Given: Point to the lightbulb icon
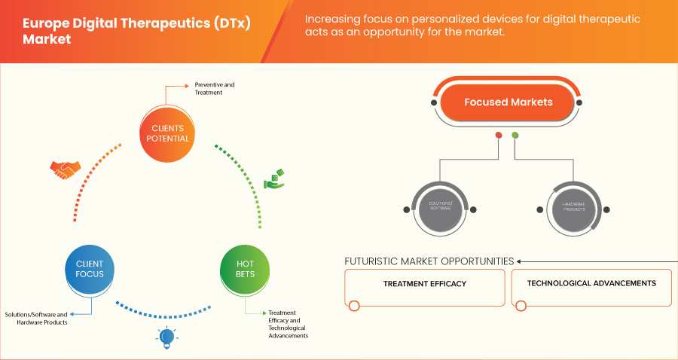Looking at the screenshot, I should [x=166, y=338].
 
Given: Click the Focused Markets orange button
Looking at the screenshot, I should [x=508, y=102].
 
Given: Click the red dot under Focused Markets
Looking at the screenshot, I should [x=498, y=136].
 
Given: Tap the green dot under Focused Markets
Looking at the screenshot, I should [x=515, y=136].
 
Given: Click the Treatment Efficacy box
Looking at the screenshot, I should [x=425, y=284].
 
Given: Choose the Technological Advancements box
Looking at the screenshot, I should [x=591, y=284].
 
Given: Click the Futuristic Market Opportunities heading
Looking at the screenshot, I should [x=429, y=261].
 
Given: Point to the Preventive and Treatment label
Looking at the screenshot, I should [x=215, y=88].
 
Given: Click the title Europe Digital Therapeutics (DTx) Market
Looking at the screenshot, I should [x=136, y=29].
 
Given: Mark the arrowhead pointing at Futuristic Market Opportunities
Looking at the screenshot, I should [x=520, y=262].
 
